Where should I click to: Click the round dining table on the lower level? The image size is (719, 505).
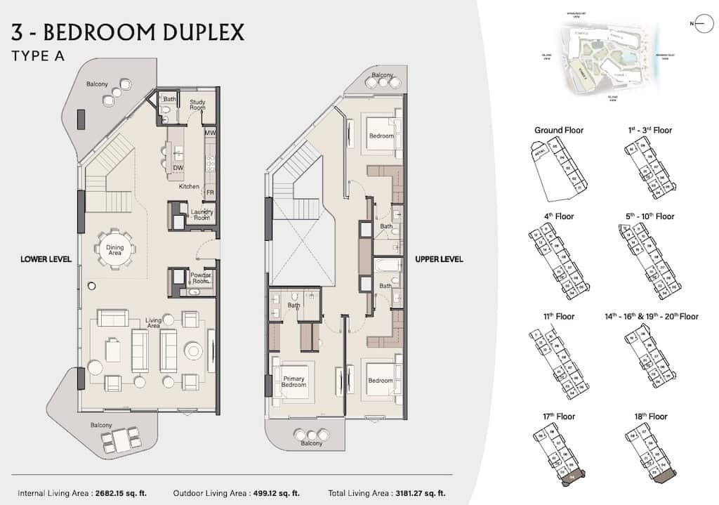coord(115,248)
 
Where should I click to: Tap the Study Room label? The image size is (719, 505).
coord(197,104)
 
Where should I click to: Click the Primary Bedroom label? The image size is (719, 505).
coord(293,381)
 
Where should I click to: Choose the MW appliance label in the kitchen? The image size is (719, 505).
coord(209,133)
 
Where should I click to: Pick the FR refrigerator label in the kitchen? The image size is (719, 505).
coord(209,192)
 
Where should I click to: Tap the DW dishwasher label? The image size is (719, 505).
coord(178,168)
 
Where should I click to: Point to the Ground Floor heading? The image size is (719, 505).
coord(559,130)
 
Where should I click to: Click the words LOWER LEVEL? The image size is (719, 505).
coord(46,259)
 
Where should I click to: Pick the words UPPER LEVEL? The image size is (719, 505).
coord(439,259)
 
